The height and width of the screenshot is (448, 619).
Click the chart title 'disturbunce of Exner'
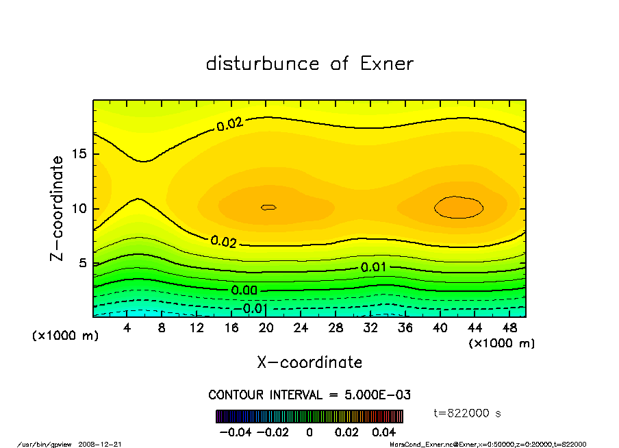[309, 64]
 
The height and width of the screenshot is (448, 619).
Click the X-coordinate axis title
[309, 362]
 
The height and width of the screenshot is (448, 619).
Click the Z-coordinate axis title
[58, 208]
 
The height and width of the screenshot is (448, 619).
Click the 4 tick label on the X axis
[127, 328]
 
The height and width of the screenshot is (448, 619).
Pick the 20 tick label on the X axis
[266, 328]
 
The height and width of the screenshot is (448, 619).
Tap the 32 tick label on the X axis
[370, 328]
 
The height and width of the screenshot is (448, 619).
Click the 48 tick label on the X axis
[509, 328]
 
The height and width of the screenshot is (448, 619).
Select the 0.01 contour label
[373, 267]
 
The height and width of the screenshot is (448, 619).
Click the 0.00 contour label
[244, 290]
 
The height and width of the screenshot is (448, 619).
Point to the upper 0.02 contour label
[230, 125]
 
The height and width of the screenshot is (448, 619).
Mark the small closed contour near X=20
[268, 206]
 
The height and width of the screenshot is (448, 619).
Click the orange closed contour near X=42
[459, 206]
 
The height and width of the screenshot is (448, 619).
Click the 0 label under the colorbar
[309, 432]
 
